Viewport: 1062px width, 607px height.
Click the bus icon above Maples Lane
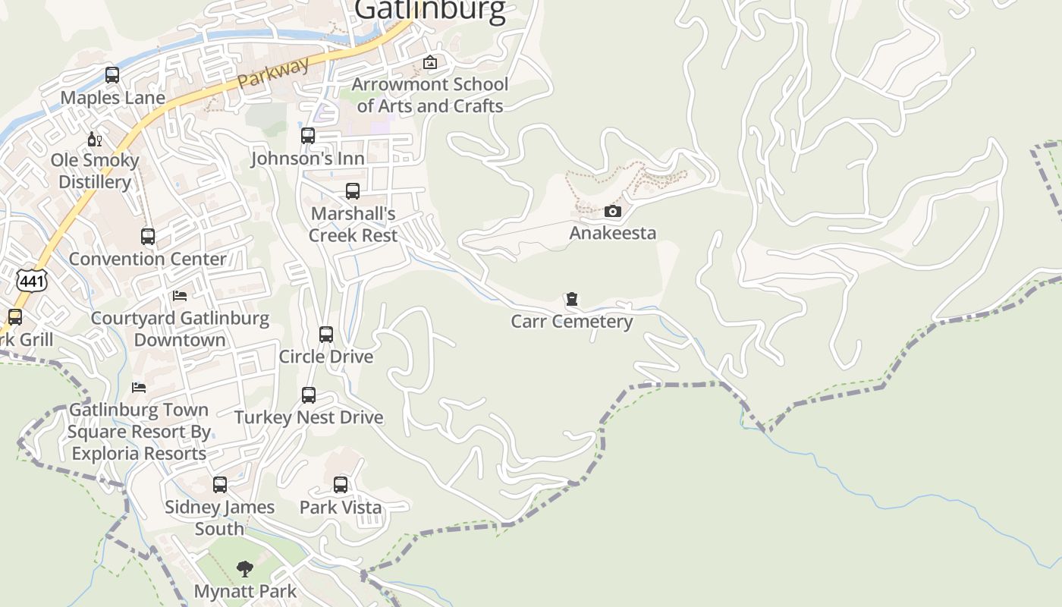pos(112,75)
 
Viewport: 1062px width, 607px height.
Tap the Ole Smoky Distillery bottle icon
pos(95,139)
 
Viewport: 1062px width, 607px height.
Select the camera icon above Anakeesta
pos(613,211)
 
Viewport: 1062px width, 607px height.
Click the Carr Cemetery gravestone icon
pos(572,300)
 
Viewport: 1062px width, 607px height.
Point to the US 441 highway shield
pos(32,281)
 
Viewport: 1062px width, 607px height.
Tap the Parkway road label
pos(274,73)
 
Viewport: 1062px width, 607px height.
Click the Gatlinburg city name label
pos(430,11)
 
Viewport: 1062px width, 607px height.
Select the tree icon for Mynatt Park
pos(244,569)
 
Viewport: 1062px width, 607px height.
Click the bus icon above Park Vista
pos(341,485)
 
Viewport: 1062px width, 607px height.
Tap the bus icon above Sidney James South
pos(220,485)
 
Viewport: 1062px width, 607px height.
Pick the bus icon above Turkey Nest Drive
pos(309,395)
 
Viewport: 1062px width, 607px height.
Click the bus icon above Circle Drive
pos(326,335)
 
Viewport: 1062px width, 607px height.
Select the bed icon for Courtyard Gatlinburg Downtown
pos(180,295)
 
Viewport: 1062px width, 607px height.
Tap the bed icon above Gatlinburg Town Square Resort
pos(139,387)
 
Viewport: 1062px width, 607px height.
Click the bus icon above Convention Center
pos(148,237)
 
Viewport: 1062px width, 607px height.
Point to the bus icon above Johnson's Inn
pos(308,137)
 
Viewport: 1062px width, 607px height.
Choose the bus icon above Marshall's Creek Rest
pos(353,191)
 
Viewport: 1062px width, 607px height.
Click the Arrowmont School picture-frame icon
pos(430,62)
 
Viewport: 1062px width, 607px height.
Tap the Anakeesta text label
pos(613,233)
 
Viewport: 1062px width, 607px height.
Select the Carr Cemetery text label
pos(572,322)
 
